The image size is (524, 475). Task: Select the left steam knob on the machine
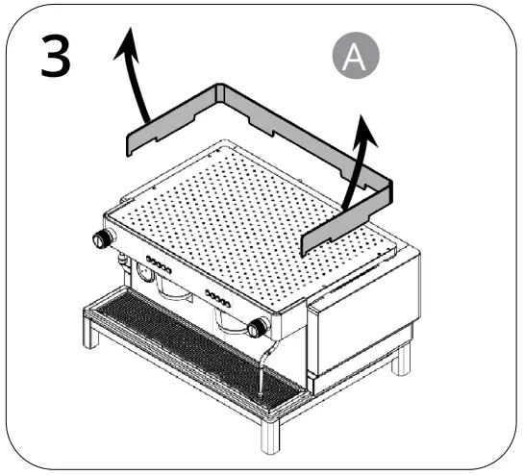tap(99, 239)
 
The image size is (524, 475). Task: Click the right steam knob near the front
tap(256, 328)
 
